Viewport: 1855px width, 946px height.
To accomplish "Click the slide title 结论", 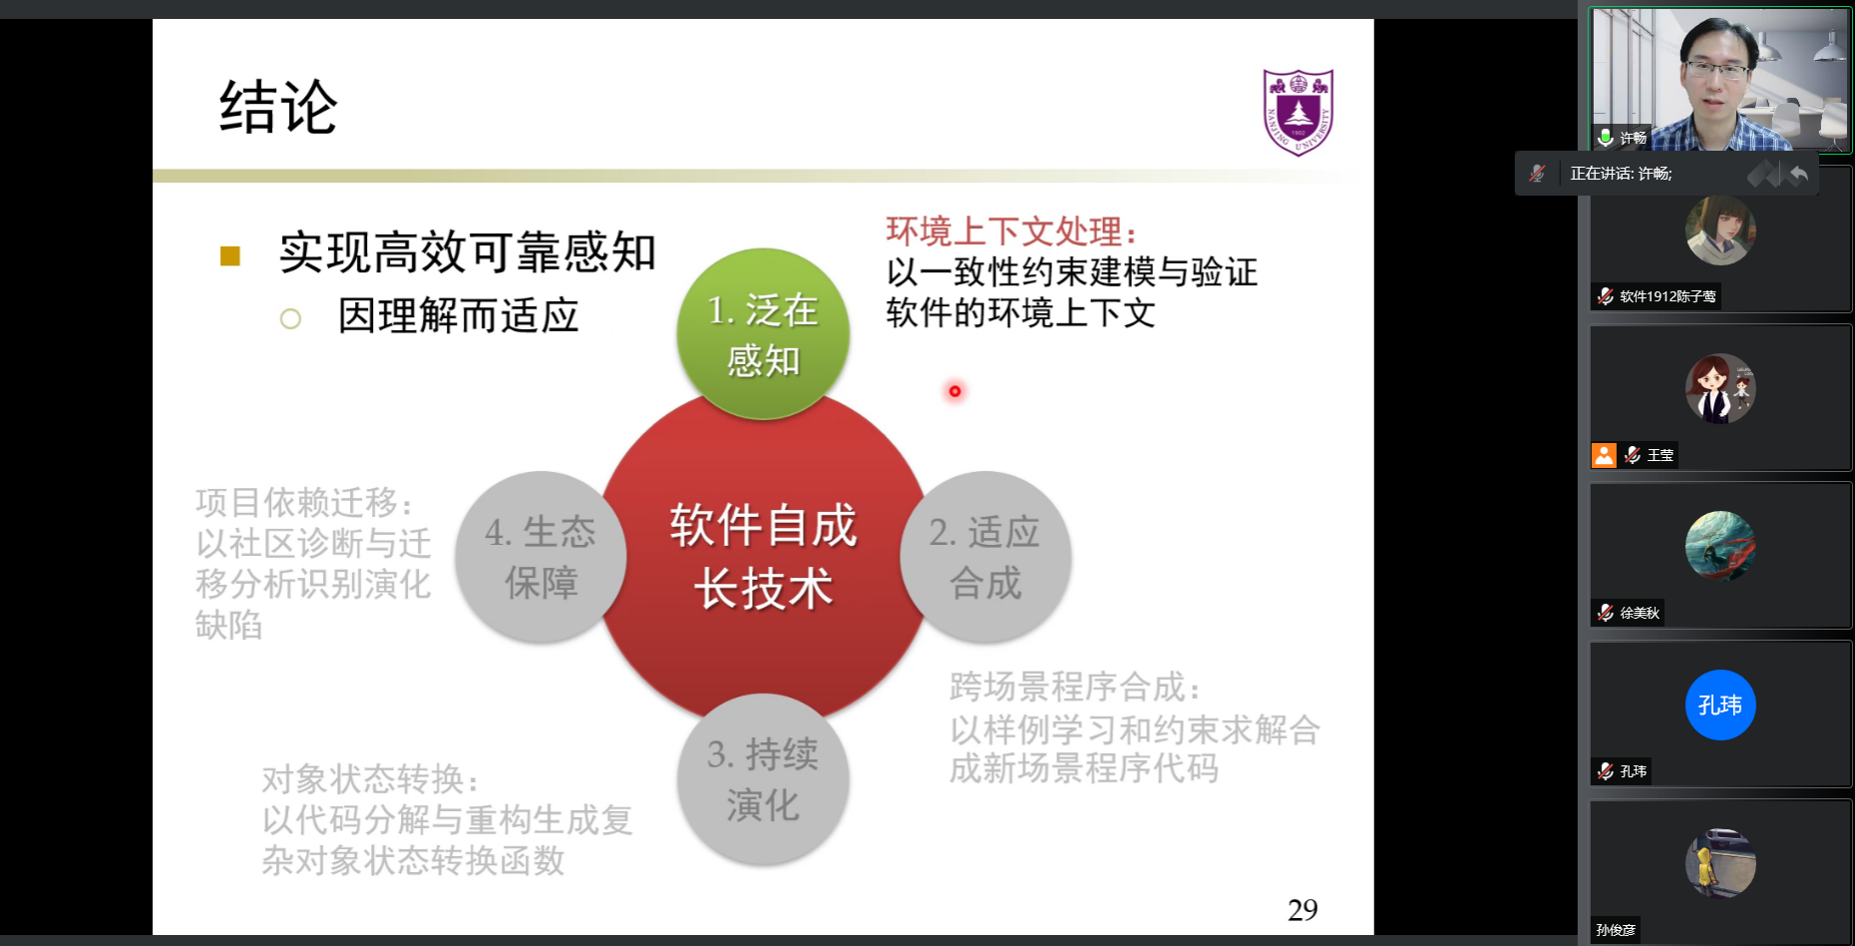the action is (x=278, y=107).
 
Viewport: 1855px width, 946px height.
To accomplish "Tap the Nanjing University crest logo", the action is (x=1298, y=112).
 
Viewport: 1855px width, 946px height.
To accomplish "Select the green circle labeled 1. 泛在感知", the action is (x=763, y=333).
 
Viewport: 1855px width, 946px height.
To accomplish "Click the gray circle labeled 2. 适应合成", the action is (x=985, y=557).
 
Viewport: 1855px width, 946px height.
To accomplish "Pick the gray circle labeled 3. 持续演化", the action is (x=763, y=779).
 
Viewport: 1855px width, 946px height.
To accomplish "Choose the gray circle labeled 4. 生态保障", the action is (x=541, y=557).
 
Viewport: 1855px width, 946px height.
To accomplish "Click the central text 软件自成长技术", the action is (x=763, y=556).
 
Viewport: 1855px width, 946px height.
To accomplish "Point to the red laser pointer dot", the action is (x=954, y=391).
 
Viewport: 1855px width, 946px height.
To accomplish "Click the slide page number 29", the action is (x=1302, y=910).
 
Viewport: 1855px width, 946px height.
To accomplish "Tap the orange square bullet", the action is (x=230, y=256).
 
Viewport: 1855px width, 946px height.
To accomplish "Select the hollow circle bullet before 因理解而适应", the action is (x=290, y=319).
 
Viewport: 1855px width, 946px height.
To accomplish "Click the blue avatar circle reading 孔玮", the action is (x=1720, y=706).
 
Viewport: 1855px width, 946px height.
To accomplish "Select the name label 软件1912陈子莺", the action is (x=1668, y=296).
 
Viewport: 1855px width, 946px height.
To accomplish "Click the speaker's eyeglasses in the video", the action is (x=1716, y=70).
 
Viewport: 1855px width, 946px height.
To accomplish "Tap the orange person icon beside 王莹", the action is (x=1604, y=455).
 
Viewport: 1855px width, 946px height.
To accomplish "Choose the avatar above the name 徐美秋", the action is (x=1720, y=546).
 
